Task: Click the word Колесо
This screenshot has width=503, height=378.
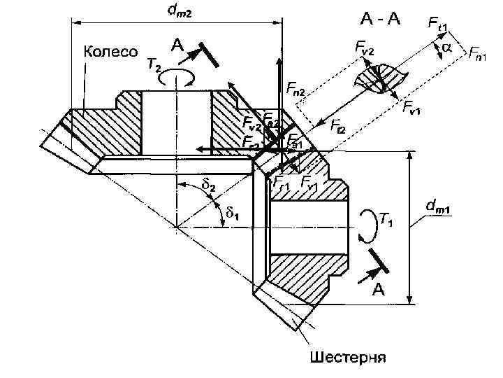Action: [x=111, y=50]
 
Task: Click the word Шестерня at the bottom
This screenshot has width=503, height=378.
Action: [x=347, y=358]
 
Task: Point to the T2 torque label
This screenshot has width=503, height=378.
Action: [x=153, y=65]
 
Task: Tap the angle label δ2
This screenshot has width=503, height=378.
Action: [x=208, y=185]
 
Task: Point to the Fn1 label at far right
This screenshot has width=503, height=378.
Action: [x=479, y=52]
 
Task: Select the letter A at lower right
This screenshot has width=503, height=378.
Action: [x=377, y=290]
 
